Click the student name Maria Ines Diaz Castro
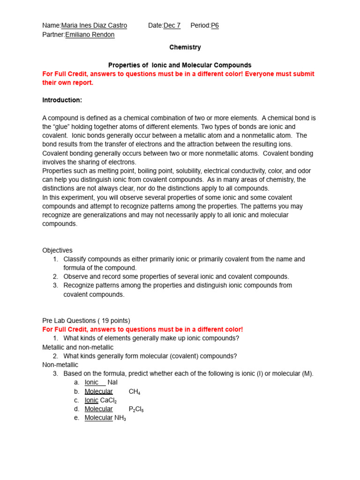[94, 25]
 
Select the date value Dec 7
[172, 25]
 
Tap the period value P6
[215, 25]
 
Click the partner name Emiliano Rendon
[90, 34]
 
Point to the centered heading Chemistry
[185, 47]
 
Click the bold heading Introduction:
[62, 100]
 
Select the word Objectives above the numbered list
[57, 250]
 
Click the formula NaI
[112, 382]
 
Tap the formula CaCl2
[108, 400]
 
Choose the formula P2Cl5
[136, 409]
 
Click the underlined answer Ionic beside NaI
[92, 382]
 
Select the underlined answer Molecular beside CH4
[98, 391]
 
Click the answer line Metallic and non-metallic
[78, 347]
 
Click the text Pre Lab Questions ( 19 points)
[86, 321]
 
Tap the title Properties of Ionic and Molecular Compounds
[180, 65]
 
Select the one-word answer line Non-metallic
[60, 365]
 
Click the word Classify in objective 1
[75, 259]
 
